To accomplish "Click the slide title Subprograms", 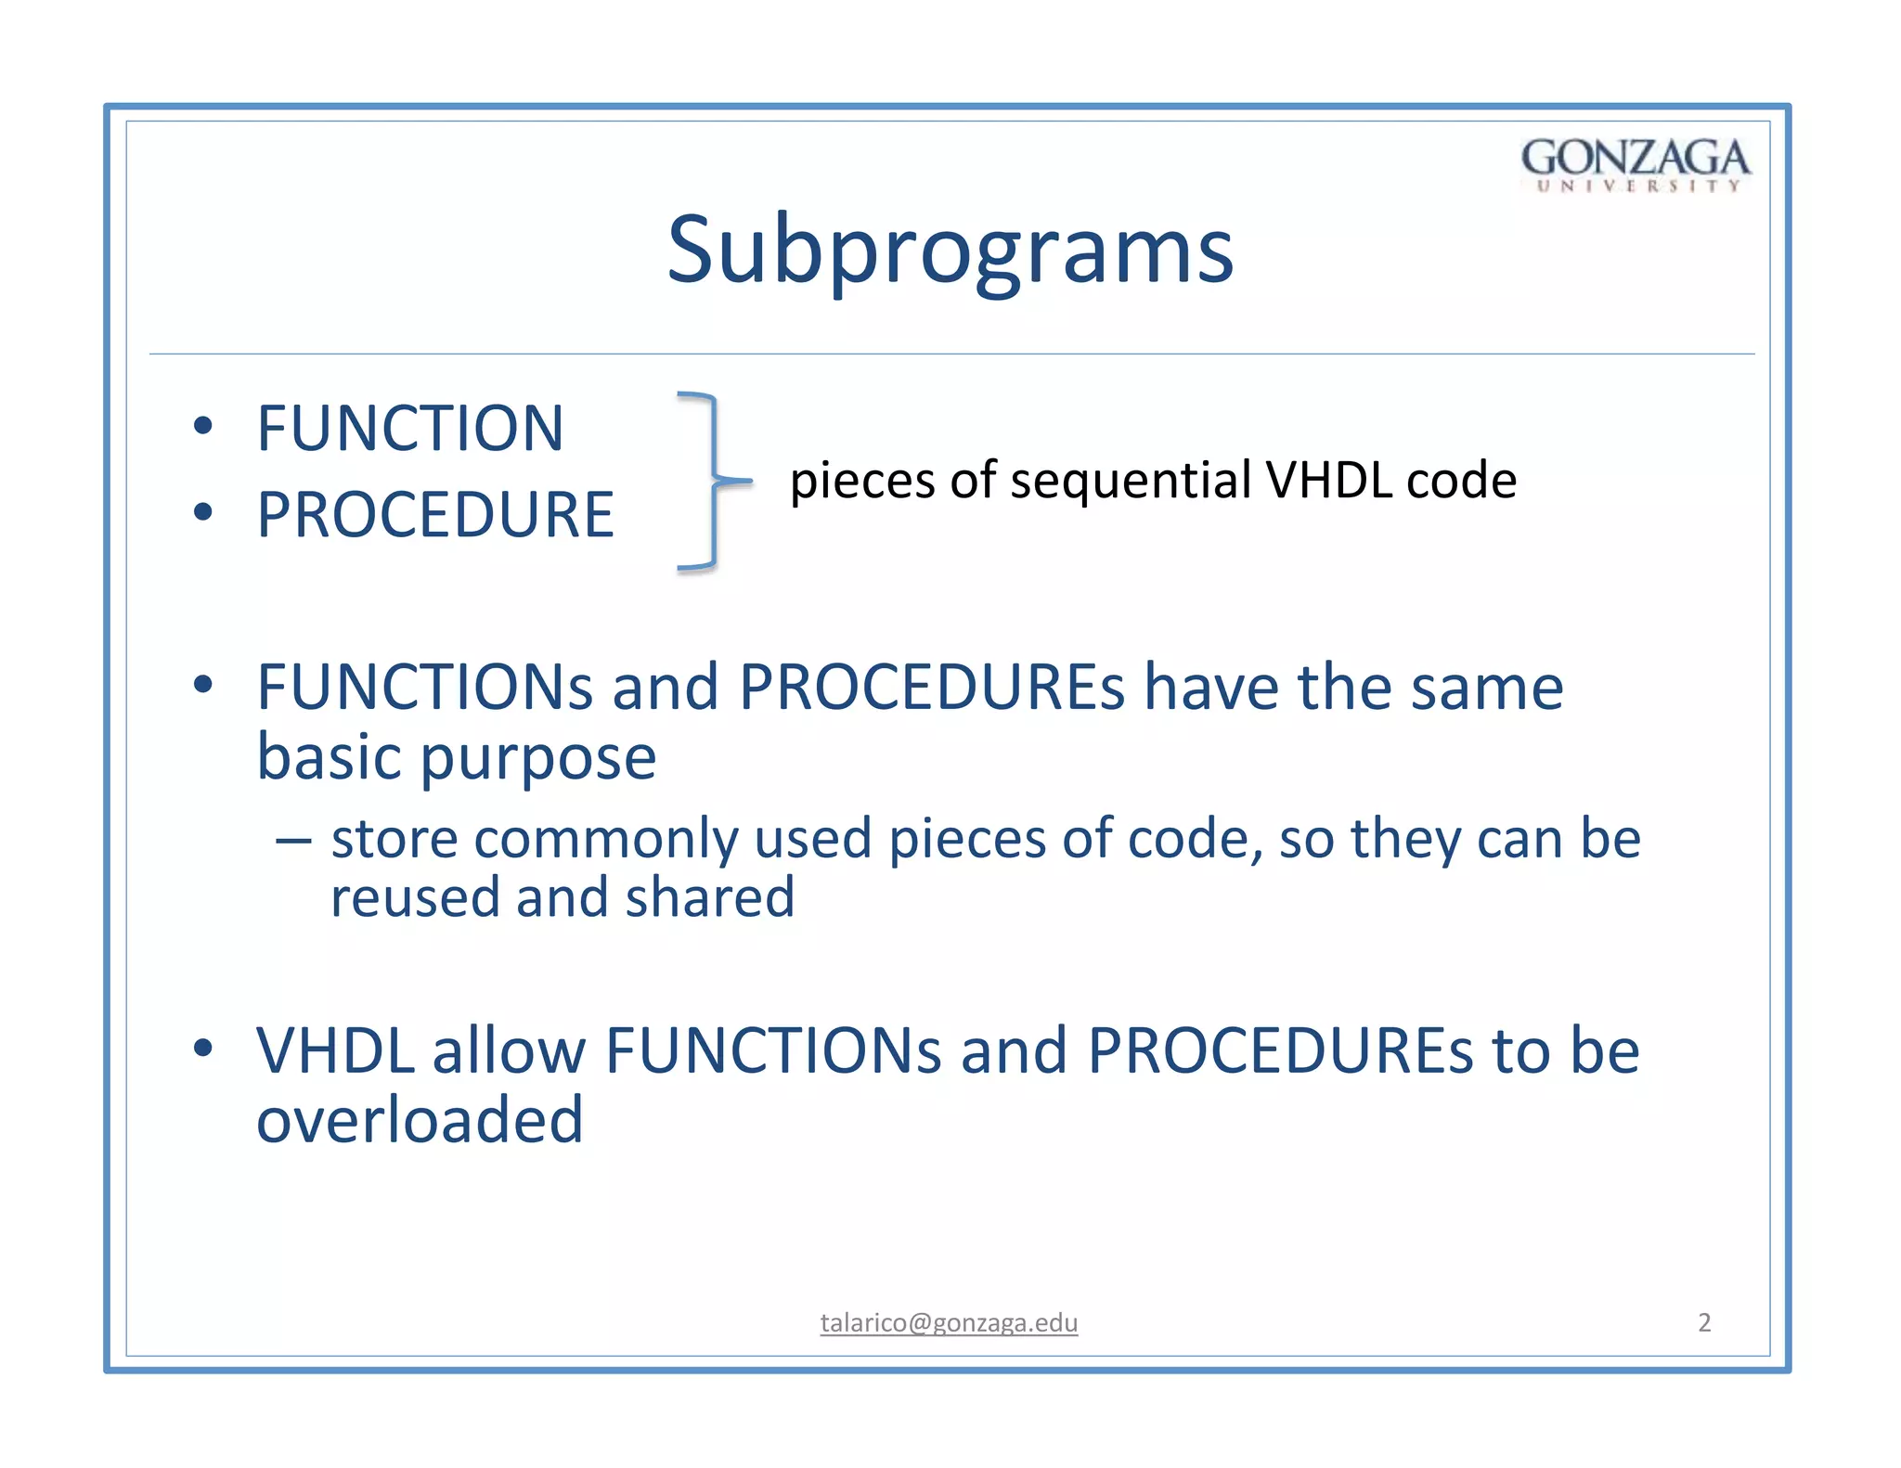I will click(x=950, y=251).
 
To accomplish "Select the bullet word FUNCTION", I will click(x=409, y=429).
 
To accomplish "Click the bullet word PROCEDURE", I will click(x=434, y=515).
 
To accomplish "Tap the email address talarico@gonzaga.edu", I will click(x=949, y=1322).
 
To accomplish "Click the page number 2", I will click(x=1703, y=1322).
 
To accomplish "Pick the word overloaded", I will click(x=420, y=1120).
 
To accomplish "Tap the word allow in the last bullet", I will click(x=509, y=1051).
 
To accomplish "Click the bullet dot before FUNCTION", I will click(x=203, y=427).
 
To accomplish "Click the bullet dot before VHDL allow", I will click(x=203, y=1049).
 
